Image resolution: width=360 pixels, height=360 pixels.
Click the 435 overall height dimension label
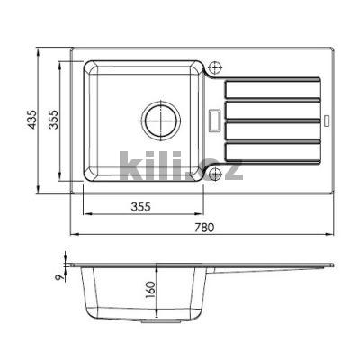click(x=32, y=120)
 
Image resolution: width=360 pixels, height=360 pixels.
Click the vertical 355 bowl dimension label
click(x=53, y=120)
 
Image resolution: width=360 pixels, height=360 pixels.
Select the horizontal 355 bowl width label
click(x=140, y=207)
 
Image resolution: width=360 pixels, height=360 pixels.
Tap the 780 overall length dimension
click(x=204, y=228)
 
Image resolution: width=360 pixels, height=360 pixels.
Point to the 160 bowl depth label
click(x=150, y=290)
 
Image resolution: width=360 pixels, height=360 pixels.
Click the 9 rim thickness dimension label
click(x=61, y=277)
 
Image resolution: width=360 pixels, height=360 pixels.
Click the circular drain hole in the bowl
click(x=161, y=121)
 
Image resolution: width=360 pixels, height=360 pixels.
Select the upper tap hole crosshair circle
click(x=215, y=67)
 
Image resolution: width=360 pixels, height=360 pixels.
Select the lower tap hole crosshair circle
click(x=215, y=174)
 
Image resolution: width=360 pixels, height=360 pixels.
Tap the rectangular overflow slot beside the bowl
click(x=214, y=121)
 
